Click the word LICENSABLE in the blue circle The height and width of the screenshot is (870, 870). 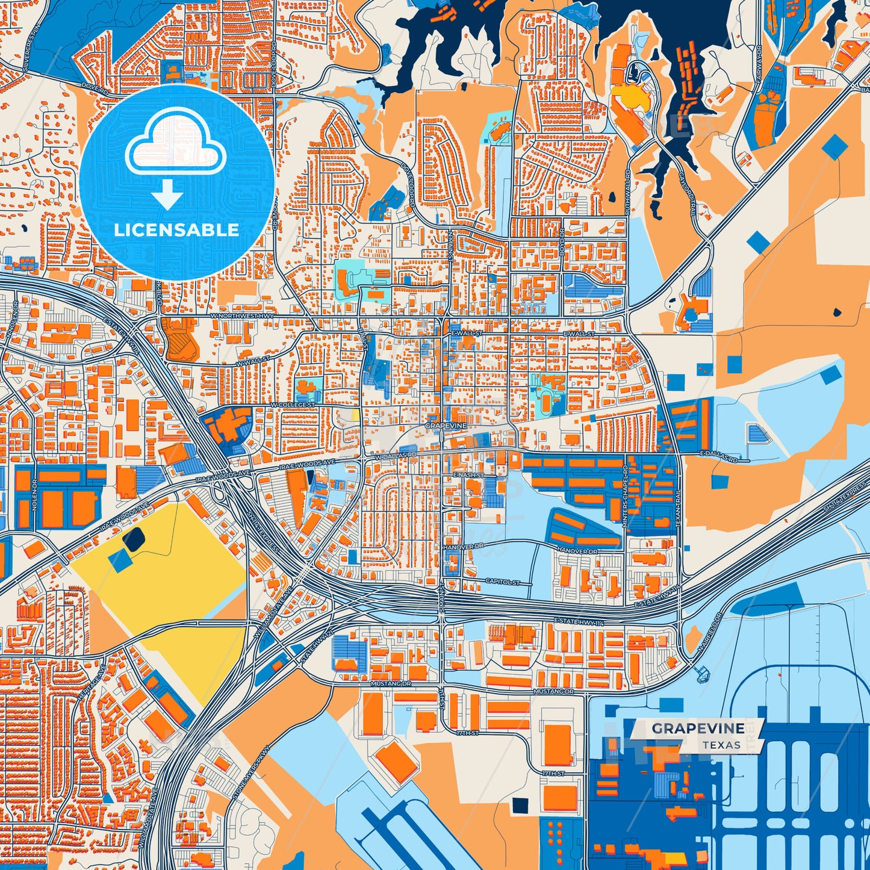pyautogui.click(x=176, y=230)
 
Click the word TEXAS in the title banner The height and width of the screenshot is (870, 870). pyautogui.click(x=721, y=745)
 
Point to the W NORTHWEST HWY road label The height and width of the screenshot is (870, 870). pyautogui.click(x=242, y=315)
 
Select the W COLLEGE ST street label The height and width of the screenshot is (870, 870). pyautogui.click(x=293, y=405)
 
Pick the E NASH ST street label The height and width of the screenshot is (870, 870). pyautogui.click(x=468, y=475)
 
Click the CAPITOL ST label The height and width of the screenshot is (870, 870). pyautogui.click(x=502, y=582)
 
